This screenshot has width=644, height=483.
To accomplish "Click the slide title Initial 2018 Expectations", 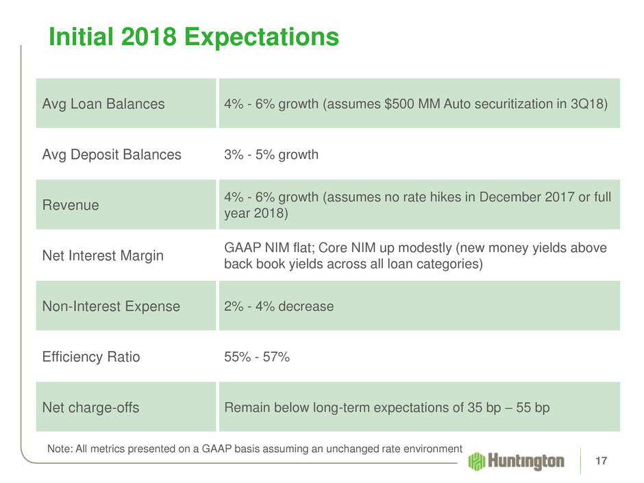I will [x=194, y=37].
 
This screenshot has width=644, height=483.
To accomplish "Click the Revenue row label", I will [x=70, y=205].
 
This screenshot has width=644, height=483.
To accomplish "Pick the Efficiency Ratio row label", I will [x=92, y=357].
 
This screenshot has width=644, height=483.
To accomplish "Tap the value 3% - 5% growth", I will [x=271, y=155].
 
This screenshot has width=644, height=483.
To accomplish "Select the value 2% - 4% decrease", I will [x=279, y=306].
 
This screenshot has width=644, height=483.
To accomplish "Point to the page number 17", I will [x=602, y=461].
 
